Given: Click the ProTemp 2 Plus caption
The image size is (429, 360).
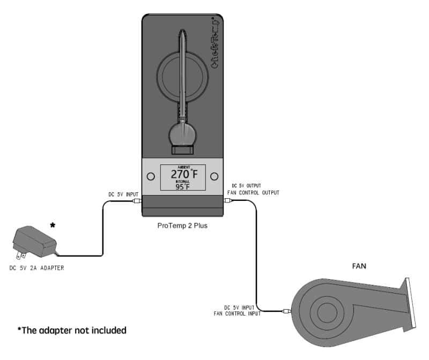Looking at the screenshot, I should (x=182, y=226).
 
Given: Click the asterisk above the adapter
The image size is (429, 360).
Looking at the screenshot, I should (x=53, y=225).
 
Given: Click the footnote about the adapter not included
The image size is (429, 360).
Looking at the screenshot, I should (x=72, y=331).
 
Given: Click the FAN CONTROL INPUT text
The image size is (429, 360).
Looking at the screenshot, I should (x=236, y=313).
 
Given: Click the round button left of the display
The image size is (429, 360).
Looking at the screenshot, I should (x=150, y=176).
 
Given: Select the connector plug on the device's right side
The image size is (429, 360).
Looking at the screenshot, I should (x=227, y=201).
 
